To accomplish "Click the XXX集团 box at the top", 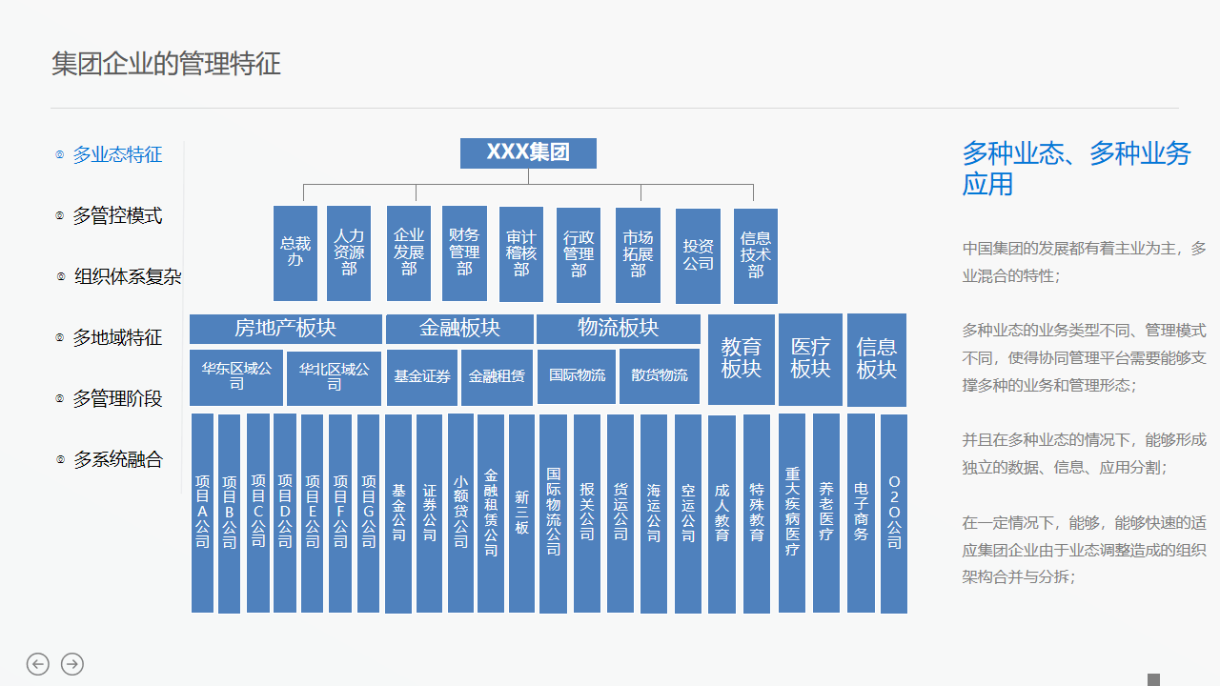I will (x=528, y=153).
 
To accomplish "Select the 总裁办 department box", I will (x=295, y=252).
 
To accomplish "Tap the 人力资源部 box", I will (x=349, y=252).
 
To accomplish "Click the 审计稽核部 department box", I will (x=521, y=253).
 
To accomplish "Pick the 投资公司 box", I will (x=698, y=254).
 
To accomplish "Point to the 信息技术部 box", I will (x=756, y=255).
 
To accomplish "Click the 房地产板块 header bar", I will (x=285, y=329).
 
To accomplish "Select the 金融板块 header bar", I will (x=459, y=329).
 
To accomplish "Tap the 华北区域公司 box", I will (x=334, y=377).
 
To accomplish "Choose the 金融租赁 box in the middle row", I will (x=497, y=377).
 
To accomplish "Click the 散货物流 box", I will (x=660, y=376).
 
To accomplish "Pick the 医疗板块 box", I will (x=810, y=358).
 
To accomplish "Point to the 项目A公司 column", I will (x=202, y=513).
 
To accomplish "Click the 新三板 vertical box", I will (x=521, y=513).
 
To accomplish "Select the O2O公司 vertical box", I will (x=894, y=513).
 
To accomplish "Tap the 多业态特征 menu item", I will (x=117, y=155).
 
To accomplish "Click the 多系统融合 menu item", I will (x=117, y=460).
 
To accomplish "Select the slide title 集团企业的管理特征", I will (x=166, y=64).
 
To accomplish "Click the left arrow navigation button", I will (x=38, y=664).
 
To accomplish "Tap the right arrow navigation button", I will (x=72, y=664).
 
